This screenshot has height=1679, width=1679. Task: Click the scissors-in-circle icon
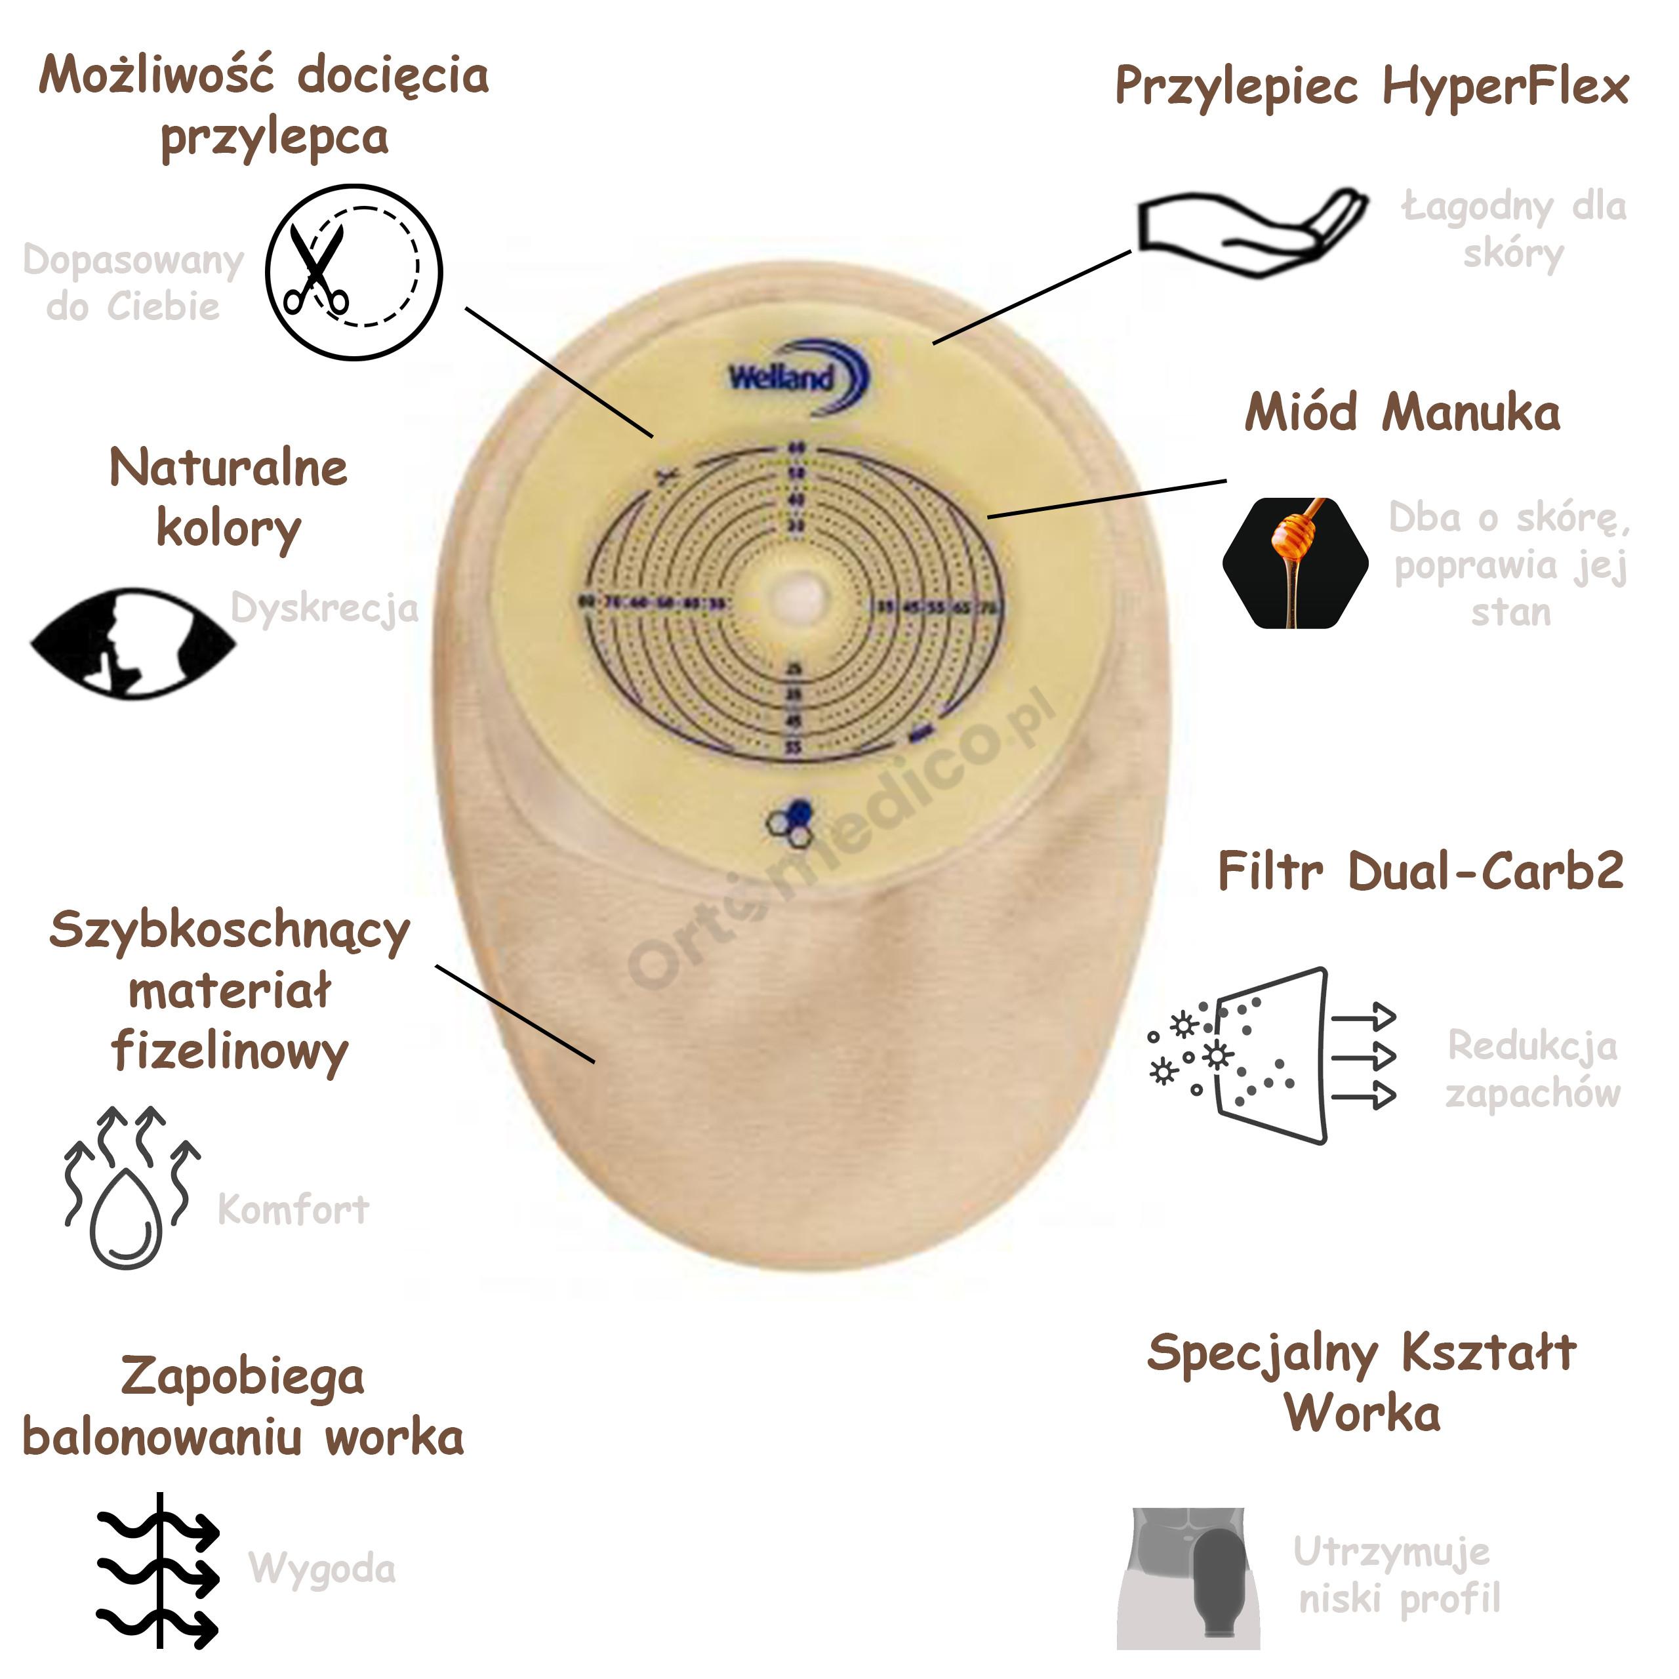point(354,272)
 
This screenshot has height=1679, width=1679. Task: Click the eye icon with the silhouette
point(133,643)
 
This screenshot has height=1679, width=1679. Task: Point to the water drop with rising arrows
point(131,1187)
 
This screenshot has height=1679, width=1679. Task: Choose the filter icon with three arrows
point(1273,1055)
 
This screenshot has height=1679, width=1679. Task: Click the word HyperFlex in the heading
point(1505,87)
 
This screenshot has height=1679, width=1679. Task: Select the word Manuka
point(1470,413)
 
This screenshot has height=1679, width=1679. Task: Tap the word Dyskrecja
point(324,609)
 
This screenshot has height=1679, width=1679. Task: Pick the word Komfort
point(293,1209)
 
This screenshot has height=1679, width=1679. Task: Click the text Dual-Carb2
point(1486,871)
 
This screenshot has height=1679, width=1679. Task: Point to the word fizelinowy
point(230,1051)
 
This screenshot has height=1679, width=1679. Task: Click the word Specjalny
point(1262,1353)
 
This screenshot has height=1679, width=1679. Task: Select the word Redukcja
point(1532,1045)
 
